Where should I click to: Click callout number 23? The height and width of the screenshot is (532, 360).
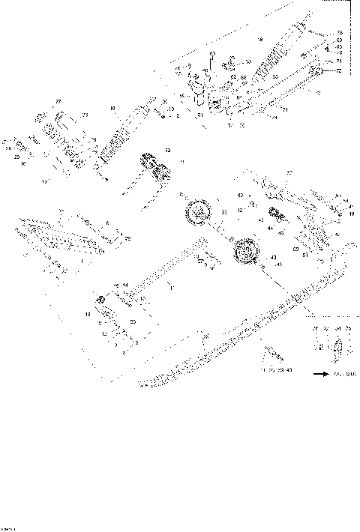click(x=85, y=115)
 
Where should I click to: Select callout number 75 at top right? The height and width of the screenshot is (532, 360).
click(x=338, y=32)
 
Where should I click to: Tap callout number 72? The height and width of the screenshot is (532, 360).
click(x=338, y=70)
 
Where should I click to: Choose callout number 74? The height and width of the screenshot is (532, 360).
click(x=274, y=116)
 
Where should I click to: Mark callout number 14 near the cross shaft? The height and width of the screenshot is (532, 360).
click(x=125, y=285)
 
